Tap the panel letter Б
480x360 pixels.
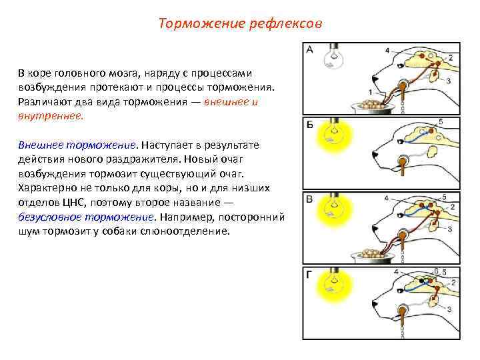pyautogui.click(x=310, y=125)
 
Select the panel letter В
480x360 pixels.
pyautogui.click(x=310, y=199)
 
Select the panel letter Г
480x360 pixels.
pyautogui.click(x=310, y=273)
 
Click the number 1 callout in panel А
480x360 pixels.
pyautogui.click(x=369, y=92)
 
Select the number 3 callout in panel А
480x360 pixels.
pyautogui.click(x=449, y=80)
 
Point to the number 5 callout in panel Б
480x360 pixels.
pyautogui.click(x=440, y=121)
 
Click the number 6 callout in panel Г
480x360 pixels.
pyautogui.click(x=435, y=271)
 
